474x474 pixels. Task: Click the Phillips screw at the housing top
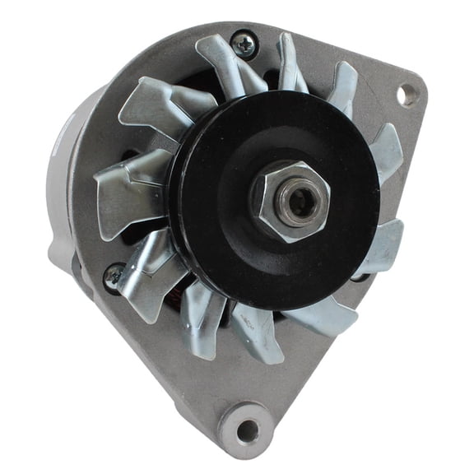244,44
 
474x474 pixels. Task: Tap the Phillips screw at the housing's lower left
114,277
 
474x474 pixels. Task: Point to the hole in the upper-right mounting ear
408,95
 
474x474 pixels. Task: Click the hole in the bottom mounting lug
248,429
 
